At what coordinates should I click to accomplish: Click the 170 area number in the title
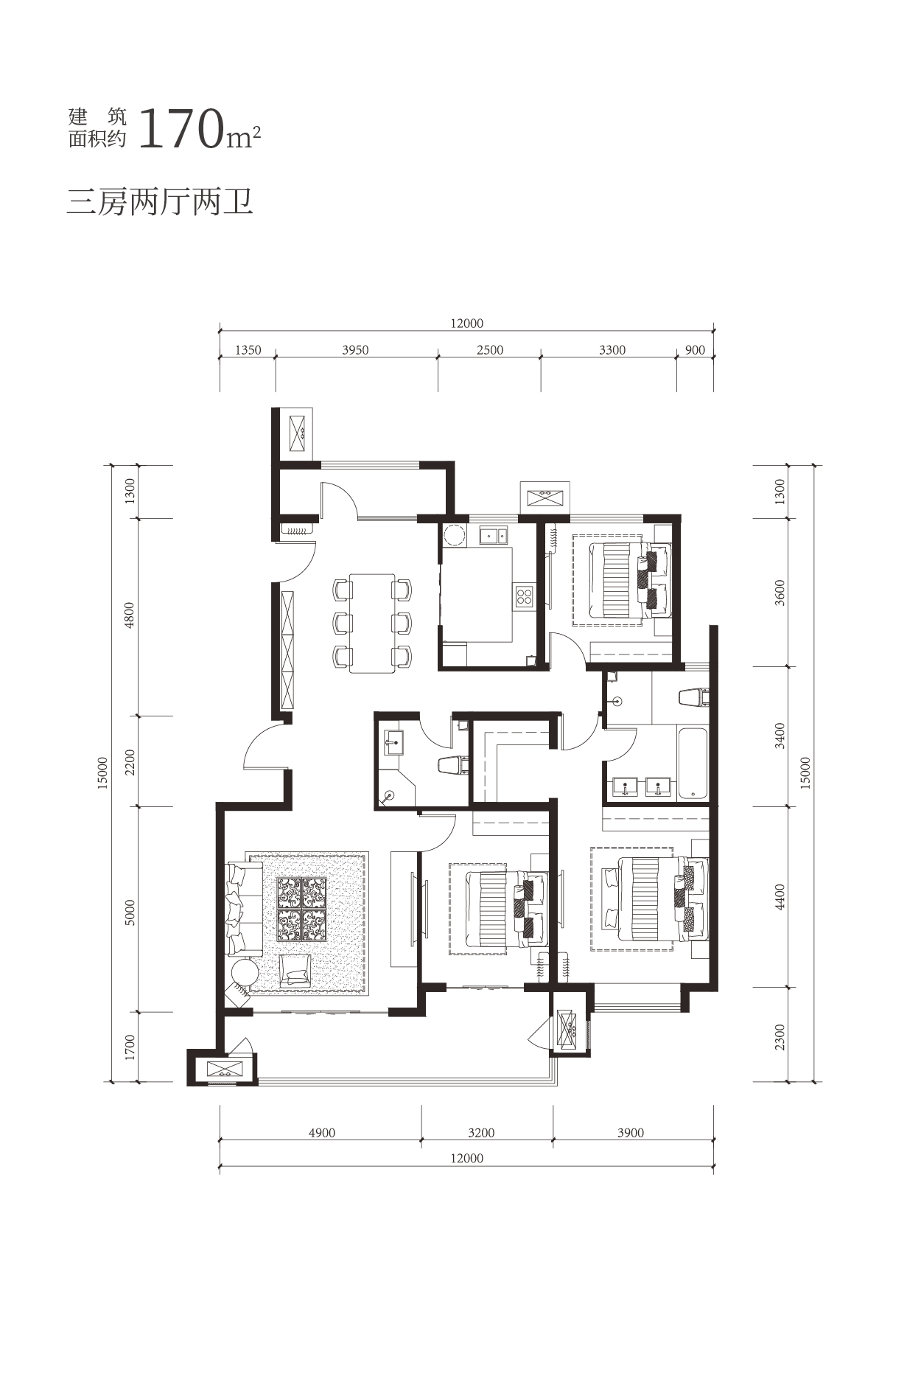181,130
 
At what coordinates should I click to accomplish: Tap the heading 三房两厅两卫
160,201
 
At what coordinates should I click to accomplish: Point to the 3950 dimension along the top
355,350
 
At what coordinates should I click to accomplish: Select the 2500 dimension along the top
490,350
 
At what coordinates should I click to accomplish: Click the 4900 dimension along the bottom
322,1133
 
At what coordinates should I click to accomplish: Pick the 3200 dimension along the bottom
482,1133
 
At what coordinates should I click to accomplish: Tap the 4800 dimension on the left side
130,615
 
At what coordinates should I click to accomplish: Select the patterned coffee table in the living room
301,909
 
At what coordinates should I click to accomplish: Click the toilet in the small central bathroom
452,766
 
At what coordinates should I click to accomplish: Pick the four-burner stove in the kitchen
525,596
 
